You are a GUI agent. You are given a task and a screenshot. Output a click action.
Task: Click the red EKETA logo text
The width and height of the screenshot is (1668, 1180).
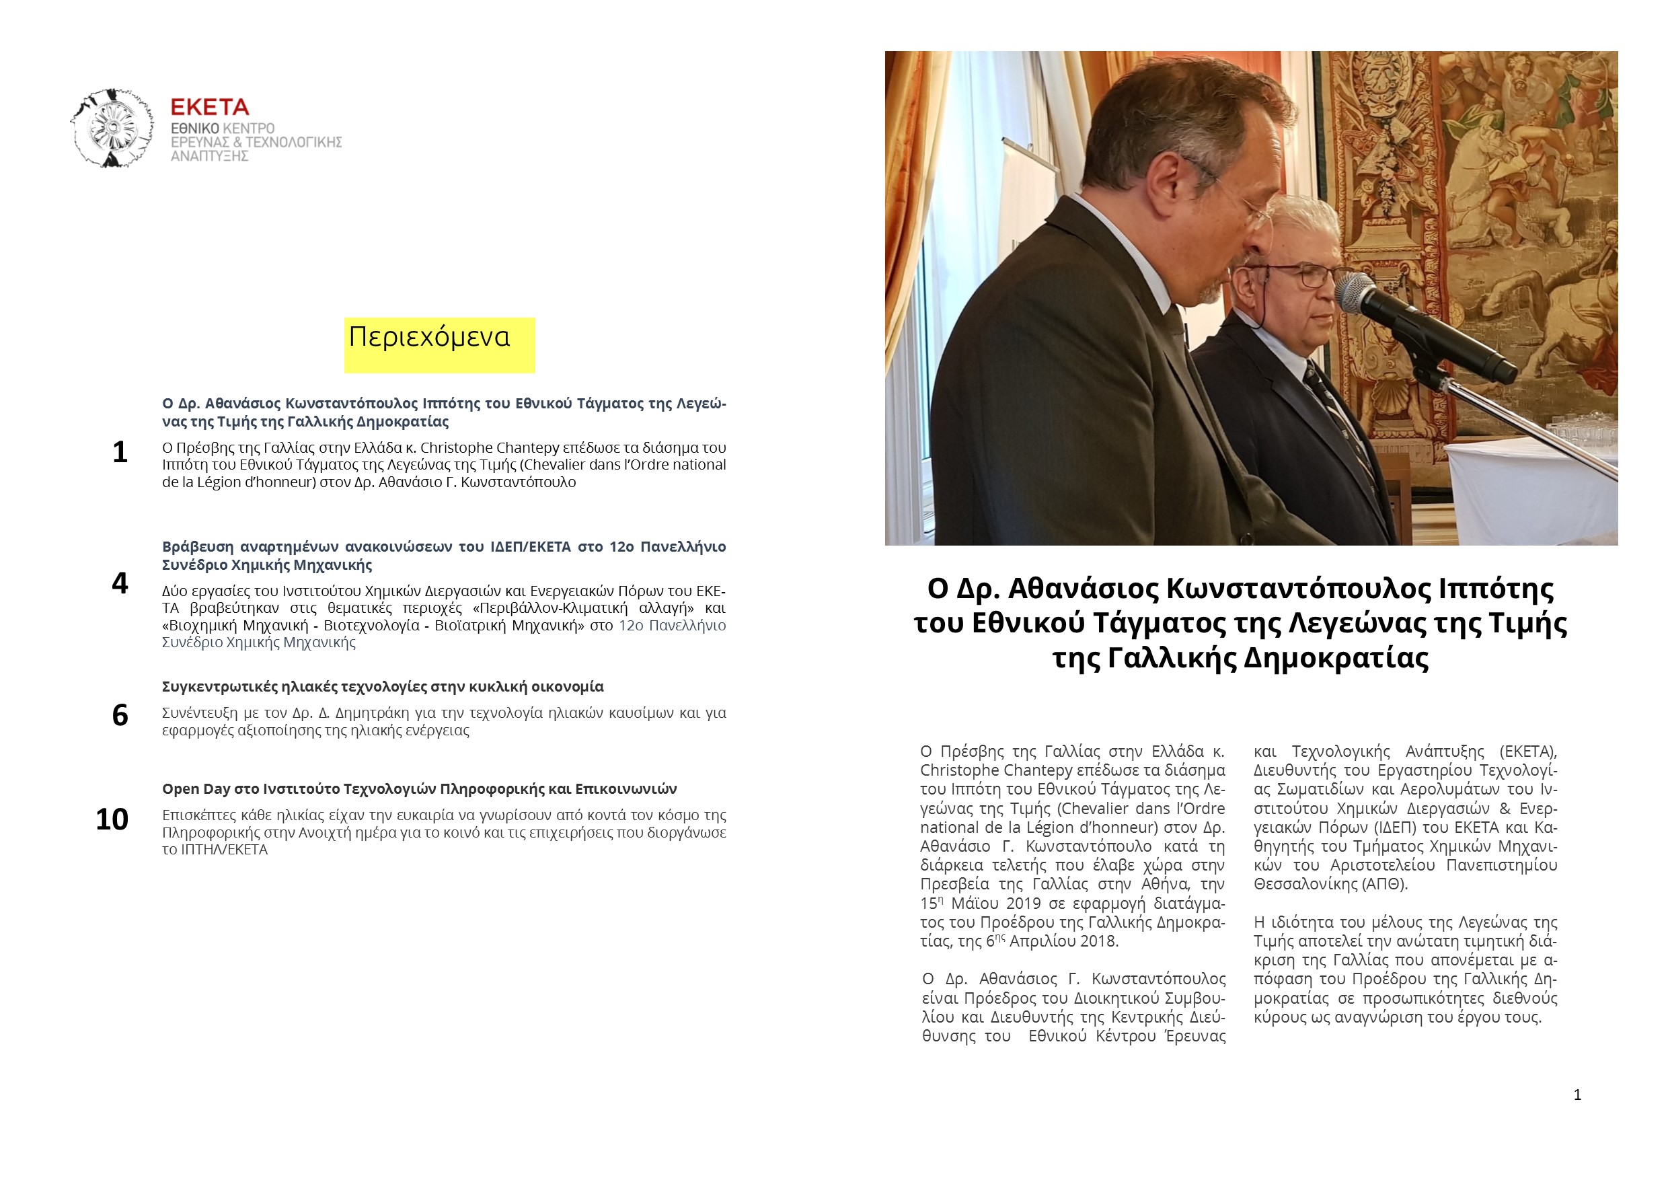click(x=209, y=108)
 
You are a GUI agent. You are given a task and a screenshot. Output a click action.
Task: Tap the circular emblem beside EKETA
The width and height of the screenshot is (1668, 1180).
click(x=112, y=128)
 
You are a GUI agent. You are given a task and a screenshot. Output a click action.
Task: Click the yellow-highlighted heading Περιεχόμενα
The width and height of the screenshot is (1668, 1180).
click(x=429, y=337)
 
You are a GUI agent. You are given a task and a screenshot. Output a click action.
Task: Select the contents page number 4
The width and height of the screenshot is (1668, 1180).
click(x=120, y=583)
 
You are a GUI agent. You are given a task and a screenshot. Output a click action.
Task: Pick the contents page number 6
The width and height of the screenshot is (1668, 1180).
click(x=120, y=716)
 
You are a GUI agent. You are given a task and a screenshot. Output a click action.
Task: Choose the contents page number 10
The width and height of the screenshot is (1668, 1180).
click(x=112, y=819)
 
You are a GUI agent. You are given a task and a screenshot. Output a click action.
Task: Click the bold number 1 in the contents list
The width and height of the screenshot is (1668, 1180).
click(x=120, y=453)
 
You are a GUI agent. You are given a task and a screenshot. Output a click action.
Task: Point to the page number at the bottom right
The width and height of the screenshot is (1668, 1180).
click(x=1577, y=1095)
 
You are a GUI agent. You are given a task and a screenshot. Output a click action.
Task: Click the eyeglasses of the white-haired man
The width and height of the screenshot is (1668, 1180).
click(x=1302, y=276)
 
